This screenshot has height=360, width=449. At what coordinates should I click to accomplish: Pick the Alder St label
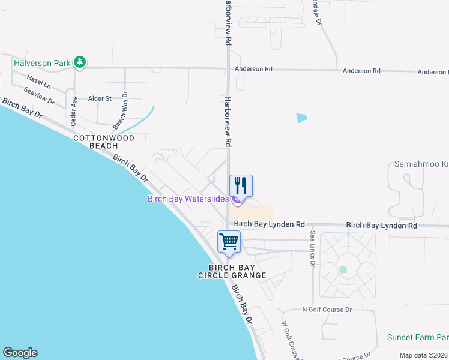tap(100, 98)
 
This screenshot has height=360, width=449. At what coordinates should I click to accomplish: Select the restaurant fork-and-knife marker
tap(241, 185)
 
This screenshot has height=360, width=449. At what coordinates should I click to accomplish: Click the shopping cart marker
tap(229, 242)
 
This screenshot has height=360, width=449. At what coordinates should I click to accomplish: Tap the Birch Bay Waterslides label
tap(188, 199)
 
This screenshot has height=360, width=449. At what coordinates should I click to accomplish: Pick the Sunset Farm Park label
tap(417, 338)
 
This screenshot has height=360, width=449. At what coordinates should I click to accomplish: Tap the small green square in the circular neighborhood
tap(343, 269)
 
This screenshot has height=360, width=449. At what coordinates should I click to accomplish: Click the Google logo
tap(20, 353)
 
